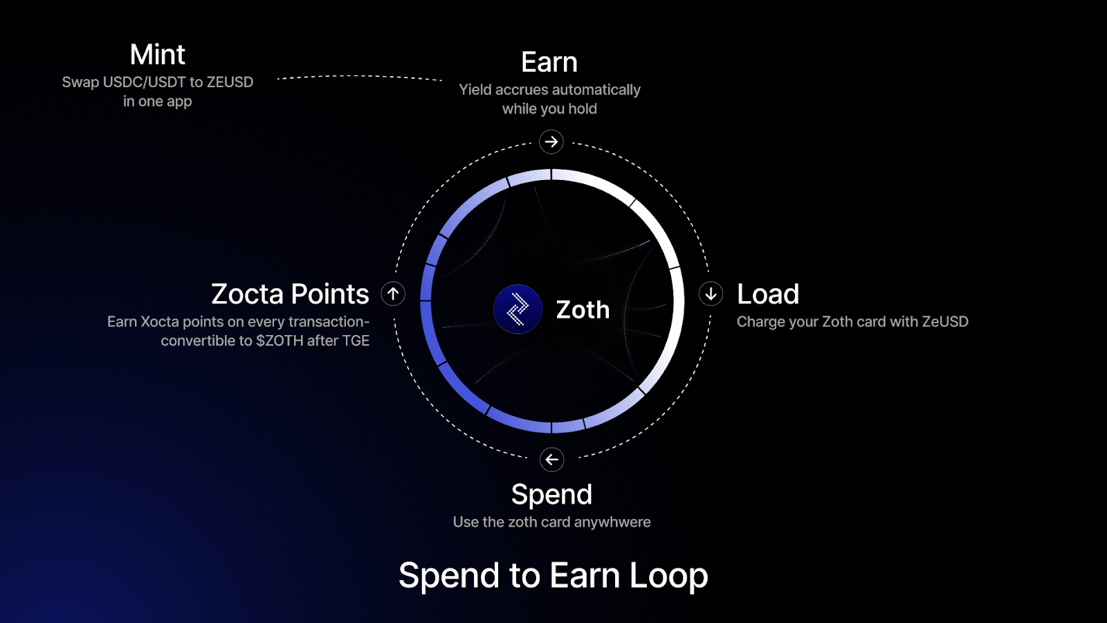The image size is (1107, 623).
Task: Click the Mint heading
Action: coord(157,55)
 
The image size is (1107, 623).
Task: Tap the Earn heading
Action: coord(549,62)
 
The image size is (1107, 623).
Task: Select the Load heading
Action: coord(767,294)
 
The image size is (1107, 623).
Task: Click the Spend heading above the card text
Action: coord(551,494)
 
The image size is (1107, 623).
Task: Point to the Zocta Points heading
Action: coord(290,294)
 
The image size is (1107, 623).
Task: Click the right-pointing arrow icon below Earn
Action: coord(551,142)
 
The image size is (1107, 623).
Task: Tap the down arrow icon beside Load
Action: coord(711,294)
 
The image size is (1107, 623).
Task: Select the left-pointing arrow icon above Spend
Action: coord(551,460)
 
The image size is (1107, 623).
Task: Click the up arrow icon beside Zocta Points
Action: coord(393,294)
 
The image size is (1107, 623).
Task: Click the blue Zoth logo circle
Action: coord(518,309)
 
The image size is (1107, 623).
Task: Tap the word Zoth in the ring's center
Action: coord(583,310)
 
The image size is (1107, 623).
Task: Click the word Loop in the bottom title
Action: coord(668,576)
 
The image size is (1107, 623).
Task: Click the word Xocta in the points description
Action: coord(160,322)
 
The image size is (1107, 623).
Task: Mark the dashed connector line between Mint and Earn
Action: coord(359,77)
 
